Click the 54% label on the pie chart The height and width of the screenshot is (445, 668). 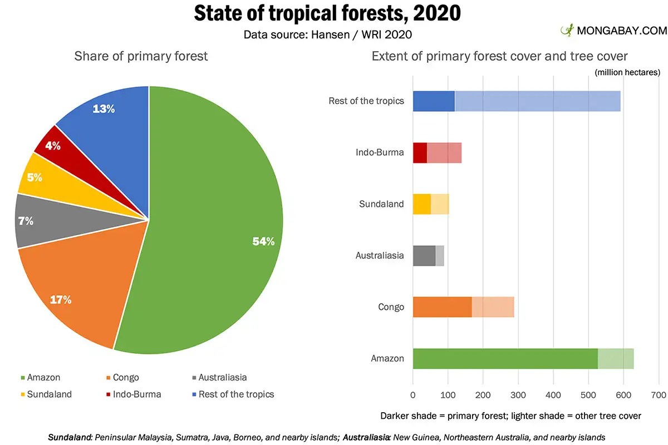(x=263, y=241)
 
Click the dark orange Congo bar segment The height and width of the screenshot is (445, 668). (x=442, y=307)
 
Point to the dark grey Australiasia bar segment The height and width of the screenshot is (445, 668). (x=424, y=255)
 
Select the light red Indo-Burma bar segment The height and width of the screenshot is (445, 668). (x=444, y=152)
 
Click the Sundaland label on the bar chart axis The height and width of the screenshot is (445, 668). (x=381, y=204)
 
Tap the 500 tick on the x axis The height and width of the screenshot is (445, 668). (x=588, y=395)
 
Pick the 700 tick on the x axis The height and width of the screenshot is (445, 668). (x=659, y=395)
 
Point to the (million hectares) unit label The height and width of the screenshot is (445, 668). (x=627, y=72)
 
